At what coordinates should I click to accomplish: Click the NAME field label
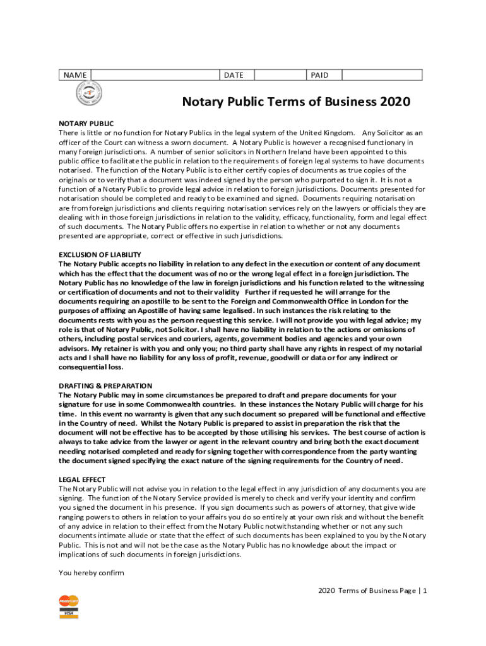75,75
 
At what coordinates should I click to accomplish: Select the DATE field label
234,75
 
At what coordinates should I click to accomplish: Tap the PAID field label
320,75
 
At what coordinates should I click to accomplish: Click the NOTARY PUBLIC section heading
86,124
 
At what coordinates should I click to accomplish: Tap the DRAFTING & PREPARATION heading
105,385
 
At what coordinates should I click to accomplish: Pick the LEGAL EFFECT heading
82,479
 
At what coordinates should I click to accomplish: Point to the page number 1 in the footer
426,590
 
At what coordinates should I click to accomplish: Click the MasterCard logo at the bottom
69,601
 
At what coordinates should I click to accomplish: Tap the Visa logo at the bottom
68,614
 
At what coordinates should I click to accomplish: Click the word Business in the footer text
380,590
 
